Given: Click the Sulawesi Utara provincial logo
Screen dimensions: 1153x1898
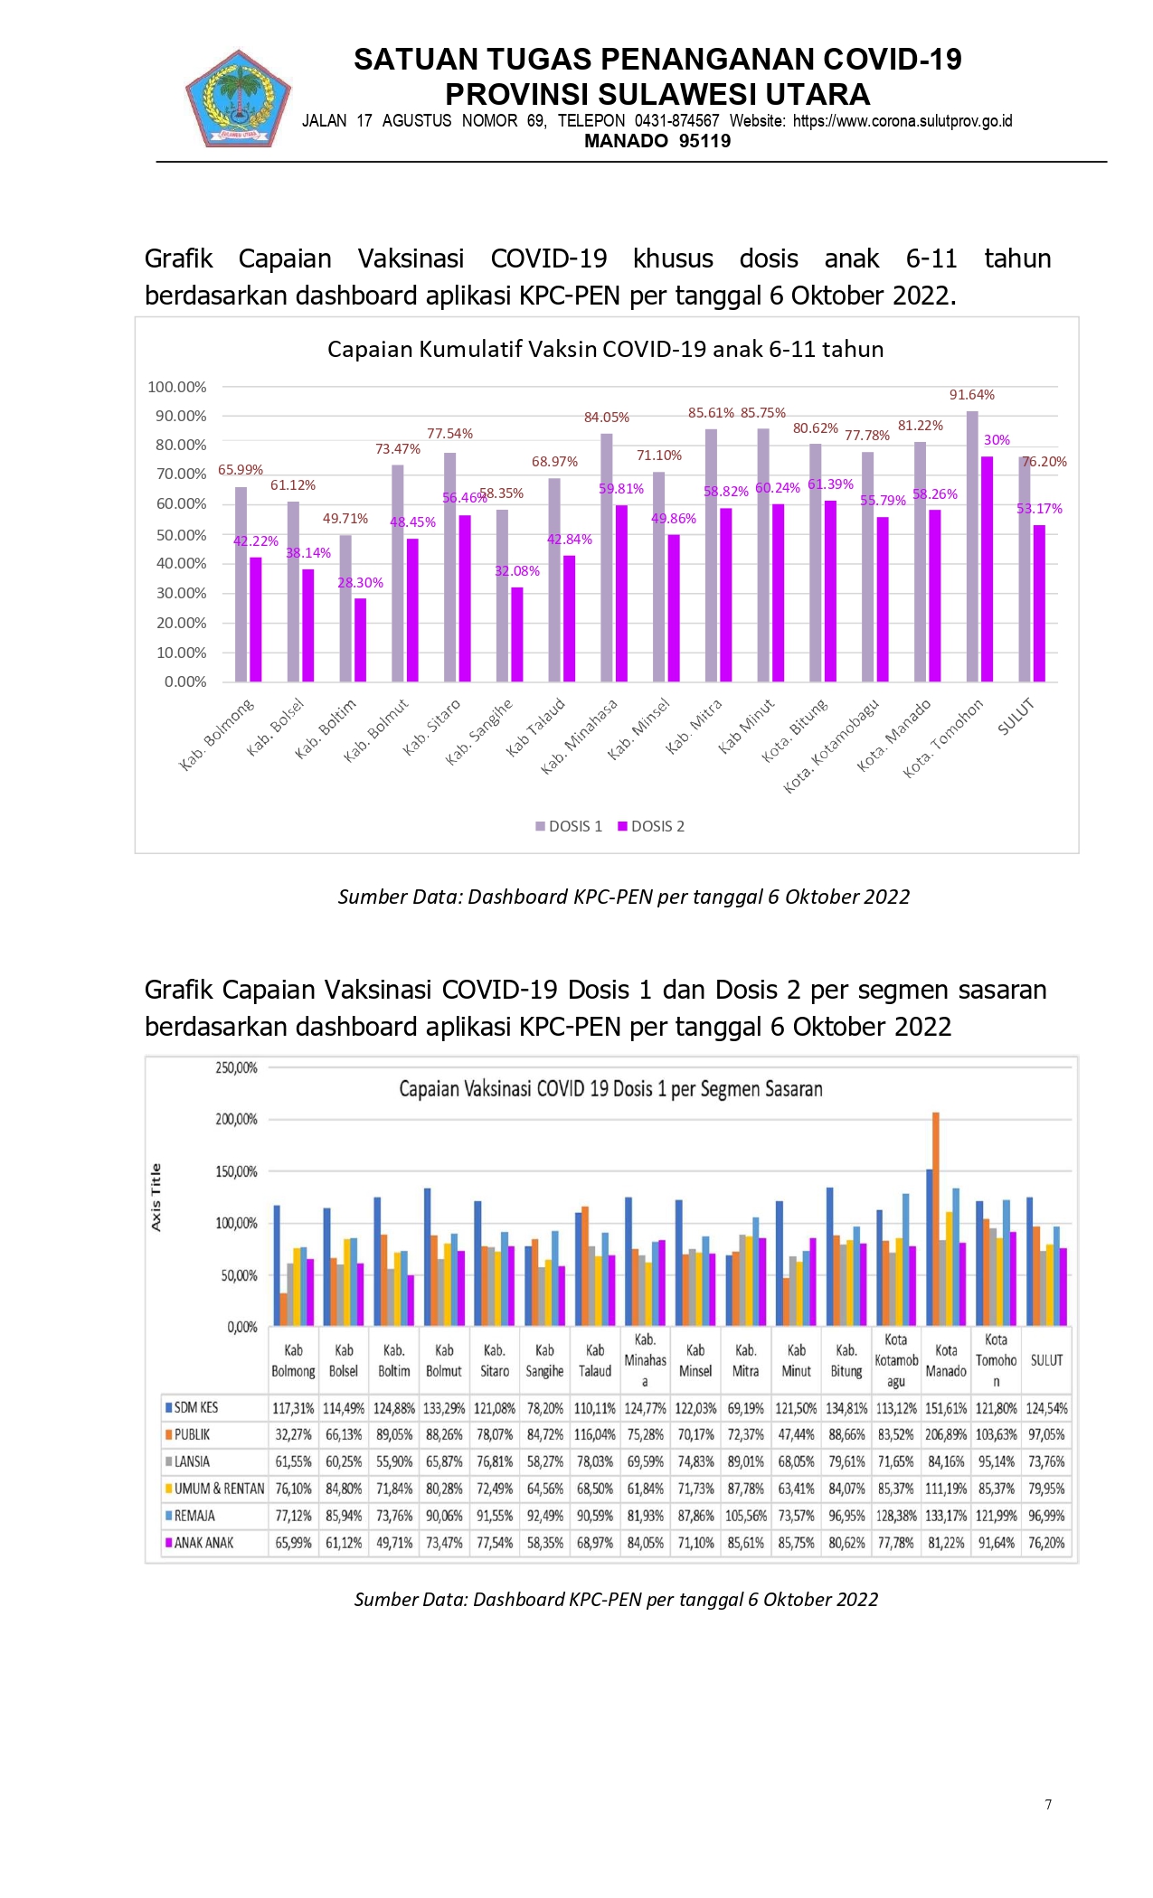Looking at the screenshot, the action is (x=239, y=99).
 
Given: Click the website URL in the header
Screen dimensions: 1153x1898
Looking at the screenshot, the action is (x=903, y=121).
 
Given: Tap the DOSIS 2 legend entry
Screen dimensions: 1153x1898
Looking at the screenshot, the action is (x=651, y=826).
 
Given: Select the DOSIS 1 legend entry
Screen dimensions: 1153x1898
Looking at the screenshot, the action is (x=569, y=826).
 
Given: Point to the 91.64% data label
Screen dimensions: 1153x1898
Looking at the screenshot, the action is (x=971, y=395).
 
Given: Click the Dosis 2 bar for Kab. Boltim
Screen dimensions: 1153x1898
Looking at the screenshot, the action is (x=361, y=640).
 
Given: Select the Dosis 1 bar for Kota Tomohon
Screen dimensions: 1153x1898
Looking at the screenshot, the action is (x=972, y=546).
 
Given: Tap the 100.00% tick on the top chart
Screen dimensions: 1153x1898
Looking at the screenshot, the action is (x=177, y=387).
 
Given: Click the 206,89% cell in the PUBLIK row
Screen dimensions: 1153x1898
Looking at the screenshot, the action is (x=946, y=1434).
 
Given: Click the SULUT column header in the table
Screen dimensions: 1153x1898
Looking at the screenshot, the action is (x=1046, y=1360).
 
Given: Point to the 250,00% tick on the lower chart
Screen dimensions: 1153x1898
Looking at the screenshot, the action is (x=236, y=1067).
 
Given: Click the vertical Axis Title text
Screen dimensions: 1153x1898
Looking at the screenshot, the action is (x=156, y=1197).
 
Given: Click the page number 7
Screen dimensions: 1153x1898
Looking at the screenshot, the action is (x=1048, y=1804).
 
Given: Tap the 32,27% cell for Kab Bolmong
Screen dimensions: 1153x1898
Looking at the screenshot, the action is (x=293, y=1434).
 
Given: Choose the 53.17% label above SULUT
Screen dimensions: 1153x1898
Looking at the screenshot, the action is (x=1039, y=509).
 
